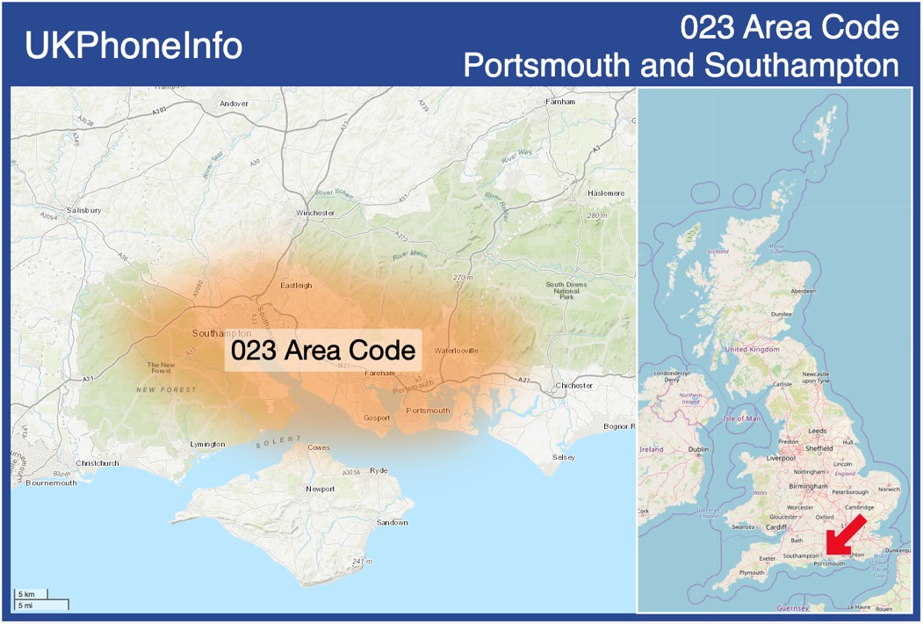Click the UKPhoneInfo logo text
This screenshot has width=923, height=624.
(x=133, y=46)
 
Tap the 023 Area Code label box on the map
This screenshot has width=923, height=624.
(x=322, y=351)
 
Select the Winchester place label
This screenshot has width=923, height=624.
(x=315, y=214)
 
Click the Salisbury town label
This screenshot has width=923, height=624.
(x=84, y=211)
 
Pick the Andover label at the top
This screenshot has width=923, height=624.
(x=234, y=104)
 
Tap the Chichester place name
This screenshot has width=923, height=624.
(x=574, y=386)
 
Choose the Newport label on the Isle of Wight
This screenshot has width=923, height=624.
(x=320, y=489)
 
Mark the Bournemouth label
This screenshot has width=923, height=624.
(x=51, y=483)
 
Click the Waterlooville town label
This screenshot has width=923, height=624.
(x=457, y=351)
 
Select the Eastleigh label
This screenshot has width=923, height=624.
(x=296, y=286)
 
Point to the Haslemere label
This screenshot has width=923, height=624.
(x=606, y=193)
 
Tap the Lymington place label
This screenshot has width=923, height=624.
(x=207, y=445)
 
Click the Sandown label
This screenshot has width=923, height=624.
(x=392, y=523)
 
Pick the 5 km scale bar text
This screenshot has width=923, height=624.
(x=26, y=595)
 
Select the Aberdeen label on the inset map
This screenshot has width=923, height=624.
(x=803, y=291)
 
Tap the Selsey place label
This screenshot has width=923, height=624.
(x=564, y=458)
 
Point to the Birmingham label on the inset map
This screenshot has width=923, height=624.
(x=808, y=486)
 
